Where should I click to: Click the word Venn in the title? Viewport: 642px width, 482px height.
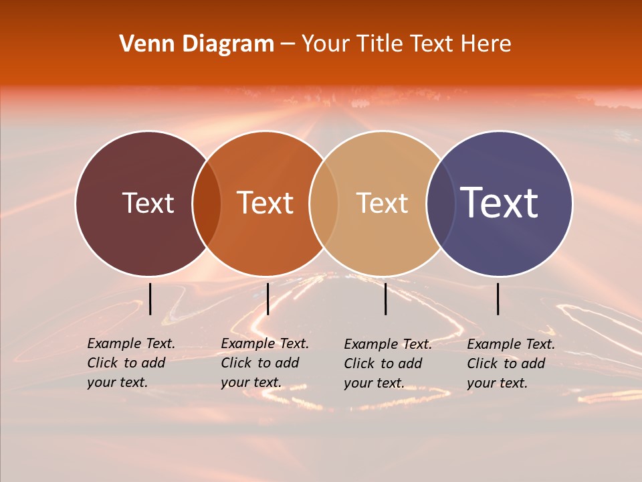[x=148, y=44]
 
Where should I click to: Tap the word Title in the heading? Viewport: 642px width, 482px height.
[x=379, y=44]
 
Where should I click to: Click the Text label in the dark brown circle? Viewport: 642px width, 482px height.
[x=148, y=203]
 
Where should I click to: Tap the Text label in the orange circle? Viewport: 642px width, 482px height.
[x=265, y=203]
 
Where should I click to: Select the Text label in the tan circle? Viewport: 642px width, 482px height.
[x=382, y=203]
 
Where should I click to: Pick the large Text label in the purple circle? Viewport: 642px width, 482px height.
[x=499, y=203]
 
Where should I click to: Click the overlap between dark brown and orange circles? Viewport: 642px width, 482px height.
[x=207, y=204]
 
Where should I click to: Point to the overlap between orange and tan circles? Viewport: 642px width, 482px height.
[x=324, y=204]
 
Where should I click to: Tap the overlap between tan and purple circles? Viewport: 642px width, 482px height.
[x=440, y=204]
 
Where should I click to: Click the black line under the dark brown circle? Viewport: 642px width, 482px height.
[x=150, y=299]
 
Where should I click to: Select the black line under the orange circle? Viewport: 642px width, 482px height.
[x=267, y=299]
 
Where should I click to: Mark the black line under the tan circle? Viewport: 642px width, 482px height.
[x=386, y=299]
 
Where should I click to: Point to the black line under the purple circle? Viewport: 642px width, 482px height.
[x=498, y=299]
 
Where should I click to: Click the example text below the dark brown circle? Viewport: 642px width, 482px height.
[x=131, y=363]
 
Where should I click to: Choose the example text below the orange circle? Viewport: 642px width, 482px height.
[x=265, y=363]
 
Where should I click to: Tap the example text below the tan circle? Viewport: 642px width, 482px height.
[x=388, y=364]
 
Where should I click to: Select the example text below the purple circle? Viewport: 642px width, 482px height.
[x=511, y=364]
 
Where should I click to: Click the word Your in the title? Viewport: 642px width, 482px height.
[x=326, y=44]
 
